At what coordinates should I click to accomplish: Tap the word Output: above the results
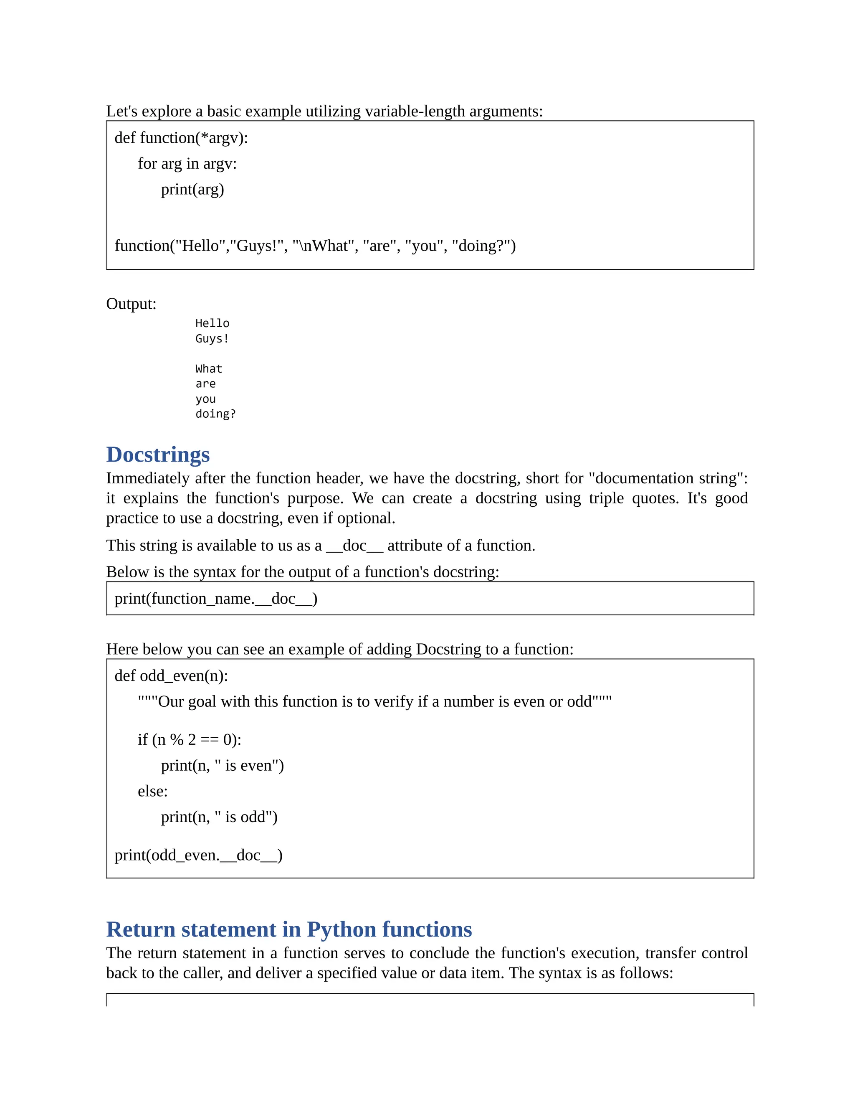[131, 304]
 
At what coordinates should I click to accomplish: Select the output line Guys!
[212, 339]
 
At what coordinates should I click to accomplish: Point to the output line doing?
[215, 414]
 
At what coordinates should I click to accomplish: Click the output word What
[209, 368]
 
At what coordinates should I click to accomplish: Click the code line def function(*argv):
[181, 137]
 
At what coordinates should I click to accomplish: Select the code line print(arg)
[192, 189]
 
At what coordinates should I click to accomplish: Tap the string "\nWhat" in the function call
[323, 245]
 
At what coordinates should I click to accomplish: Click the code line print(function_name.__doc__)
[216, 599]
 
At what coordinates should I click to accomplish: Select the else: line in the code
[152, 791]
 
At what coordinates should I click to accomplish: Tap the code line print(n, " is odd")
[219, 817]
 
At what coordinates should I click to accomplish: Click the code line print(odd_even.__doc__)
[198, 855]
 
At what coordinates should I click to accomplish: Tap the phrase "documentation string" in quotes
[665, 478]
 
